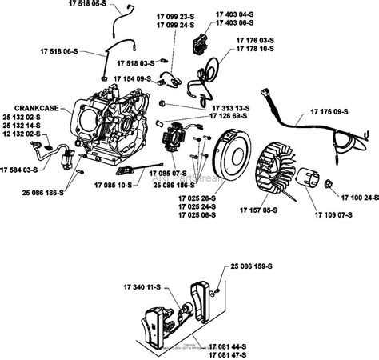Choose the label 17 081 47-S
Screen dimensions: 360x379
(228, 353)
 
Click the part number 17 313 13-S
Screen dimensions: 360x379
(233, 106)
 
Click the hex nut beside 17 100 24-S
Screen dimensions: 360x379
(327, 185)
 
